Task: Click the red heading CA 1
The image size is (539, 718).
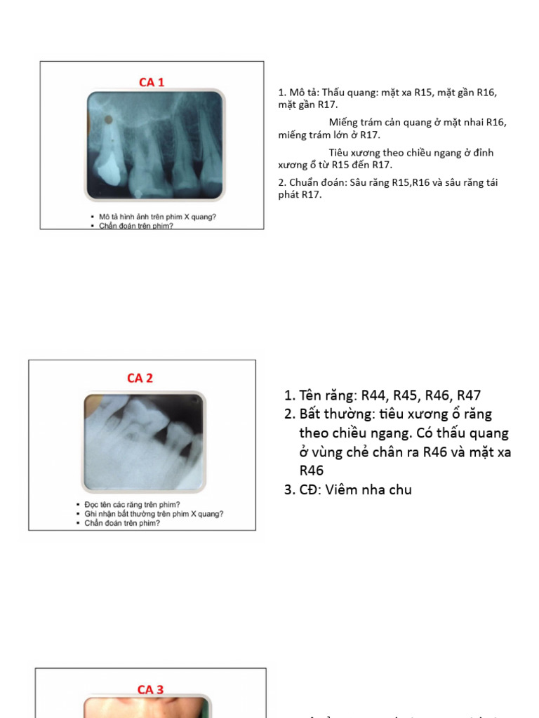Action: [x=151, y=82]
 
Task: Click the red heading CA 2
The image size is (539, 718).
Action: [x=140, y=378]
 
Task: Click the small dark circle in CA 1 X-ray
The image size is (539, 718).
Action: [x=108, y=120]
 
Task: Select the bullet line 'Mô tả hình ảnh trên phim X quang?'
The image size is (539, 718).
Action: [x=157, y=217]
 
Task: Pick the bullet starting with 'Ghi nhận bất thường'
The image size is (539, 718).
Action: [x=154, y=513]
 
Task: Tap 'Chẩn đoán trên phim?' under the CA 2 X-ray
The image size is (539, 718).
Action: [x=122, y=522]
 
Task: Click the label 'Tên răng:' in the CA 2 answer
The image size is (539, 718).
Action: [x=328, y=395]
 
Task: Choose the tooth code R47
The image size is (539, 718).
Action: [x=468, y=395]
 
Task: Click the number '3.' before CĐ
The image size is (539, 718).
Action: [x=289, y=489]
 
